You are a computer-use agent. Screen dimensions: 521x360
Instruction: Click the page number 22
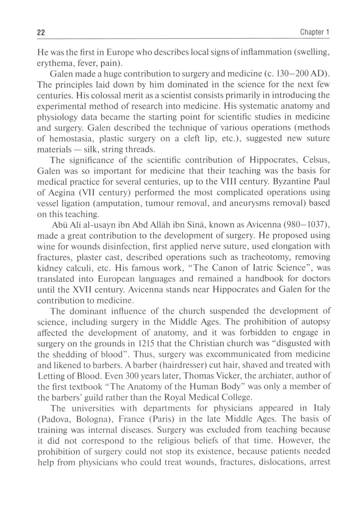(41, 32)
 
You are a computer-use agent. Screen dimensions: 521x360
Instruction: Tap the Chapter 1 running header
(315, 32)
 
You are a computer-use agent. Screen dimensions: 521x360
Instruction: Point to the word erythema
(51, 63)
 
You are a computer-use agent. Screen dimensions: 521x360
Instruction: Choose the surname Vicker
(229, 376)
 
